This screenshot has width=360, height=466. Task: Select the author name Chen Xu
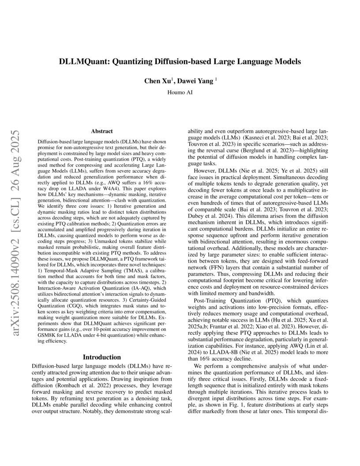157,81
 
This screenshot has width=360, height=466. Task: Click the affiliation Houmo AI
180,93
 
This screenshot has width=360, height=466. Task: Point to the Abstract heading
102,131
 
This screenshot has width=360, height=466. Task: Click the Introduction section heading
102,357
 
